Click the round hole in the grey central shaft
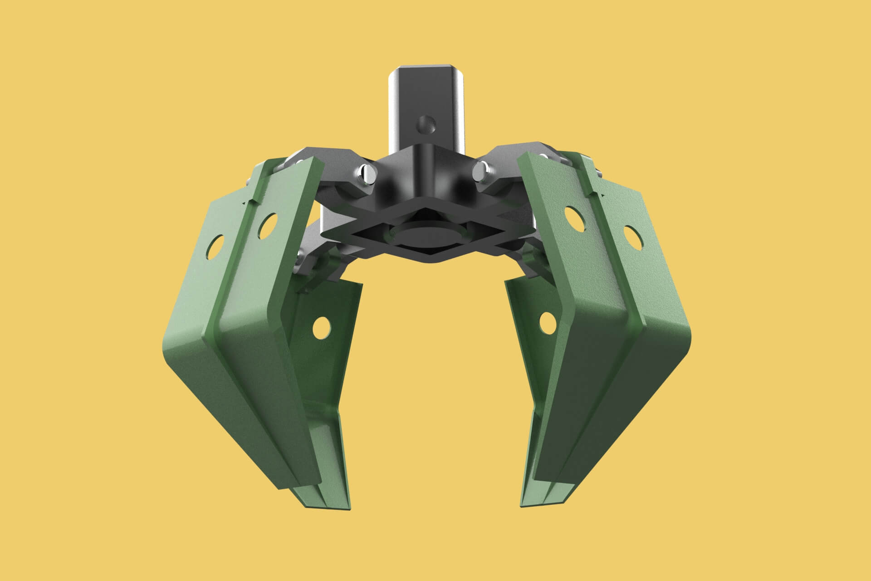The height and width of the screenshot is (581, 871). coord(426,123)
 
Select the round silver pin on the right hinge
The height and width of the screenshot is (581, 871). coord(481,171)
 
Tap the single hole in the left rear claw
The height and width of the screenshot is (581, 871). coord(321,325)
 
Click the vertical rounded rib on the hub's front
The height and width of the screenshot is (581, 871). coord(426,168)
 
